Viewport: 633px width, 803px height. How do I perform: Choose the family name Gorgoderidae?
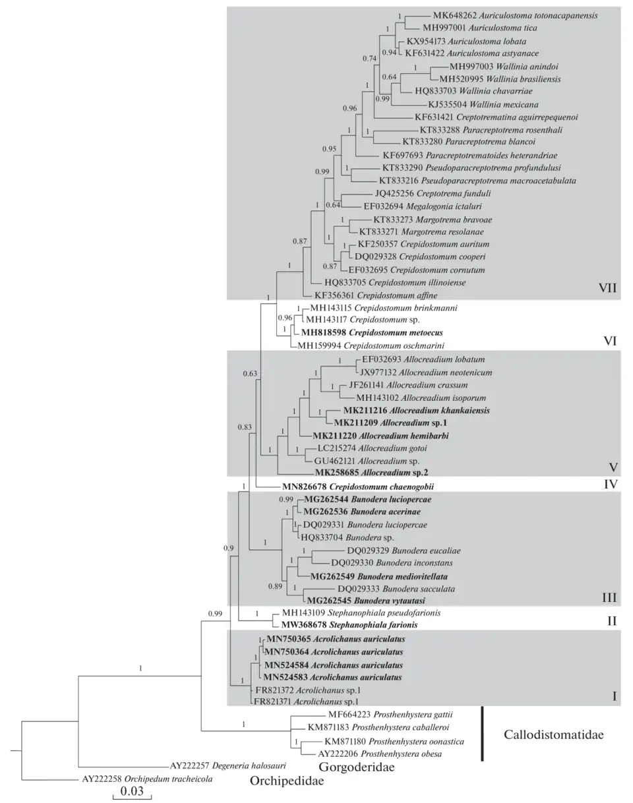[352, 767]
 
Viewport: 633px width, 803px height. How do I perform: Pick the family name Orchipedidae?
[289, 782]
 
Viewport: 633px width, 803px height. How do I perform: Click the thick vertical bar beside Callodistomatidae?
[483, 734]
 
